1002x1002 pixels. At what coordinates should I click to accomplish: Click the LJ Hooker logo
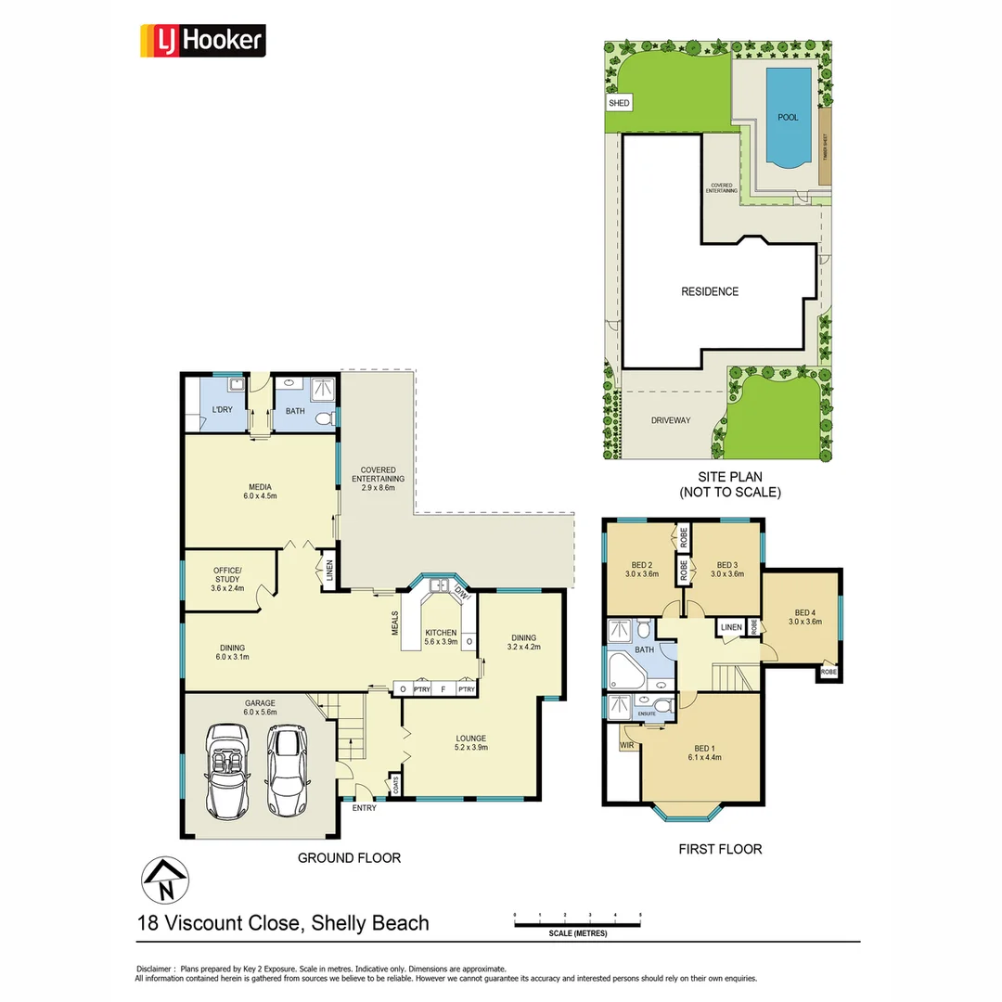coord(202,42)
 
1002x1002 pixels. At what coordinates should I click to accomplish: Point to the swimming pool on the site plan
coord(787,118)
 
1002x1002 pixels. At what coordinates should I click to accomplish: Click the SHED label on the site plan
coord(619,103)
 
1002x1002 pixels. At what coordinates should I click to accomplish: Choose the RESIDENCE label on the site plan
coord(710,291)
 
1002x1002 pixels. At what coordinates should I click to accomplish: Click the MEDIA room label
coord(259,486)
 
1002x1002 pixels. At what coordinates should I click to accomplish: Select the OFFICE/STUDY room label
coord(227,574)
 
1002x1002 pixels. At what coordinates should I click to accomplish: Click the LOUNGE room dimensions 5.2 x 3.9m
coord(470,749)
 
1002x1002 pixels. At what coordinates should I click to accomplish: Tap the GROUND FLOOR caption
coord(349,858)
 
